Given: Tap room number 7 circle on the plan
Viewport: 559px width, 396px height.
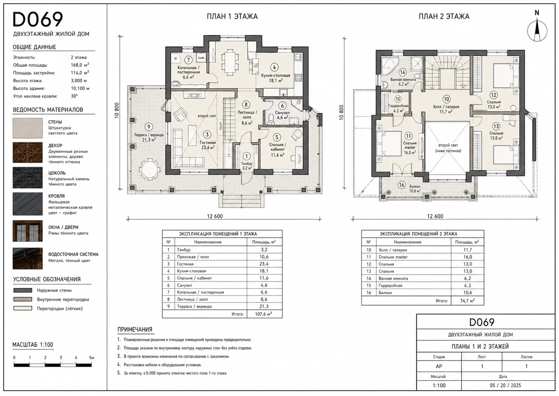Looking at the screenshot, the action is click(189, 60).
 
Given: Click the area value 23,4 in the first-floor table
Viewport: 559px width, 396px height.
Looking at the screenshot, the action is click(264, 264).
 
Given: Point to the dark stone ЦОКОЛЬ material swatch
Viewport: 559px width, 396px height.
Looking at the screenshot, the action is click(27, 178).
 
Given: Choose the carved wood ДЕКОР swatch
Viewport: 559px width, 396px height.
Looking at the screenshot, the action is click(27, 152).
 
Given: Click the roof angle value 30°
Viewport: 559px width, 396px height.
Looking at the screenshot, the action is click(74, 96).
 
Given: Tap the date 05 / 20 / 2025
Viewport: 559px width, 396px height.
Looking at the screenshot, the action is click(505, 385).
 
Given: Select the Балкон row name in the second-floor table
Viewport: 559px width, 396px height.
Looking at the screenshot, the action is click(385, 292).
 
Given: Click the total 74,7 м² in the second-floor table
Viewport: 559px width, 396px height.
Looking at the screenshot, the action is click(468, 301).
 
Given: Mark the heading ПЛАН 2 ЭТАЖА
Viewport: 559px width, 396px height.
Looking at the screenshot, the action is click(444, 17).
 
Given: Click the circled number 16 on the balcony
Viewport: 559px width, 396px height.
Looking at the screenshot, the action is click(402, 185).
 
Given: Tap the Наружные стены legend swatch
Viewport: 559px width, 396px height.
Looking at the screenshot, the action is click(23, 290).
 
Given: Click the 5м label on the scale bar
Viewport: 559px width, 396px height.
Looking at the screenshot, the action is click(91, 357).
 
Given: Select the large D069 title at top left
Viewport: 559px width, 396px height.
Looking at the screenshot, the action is click(37, 20).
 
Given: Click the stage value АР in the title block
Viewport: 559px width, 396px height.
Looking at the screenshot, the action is click(439, 366).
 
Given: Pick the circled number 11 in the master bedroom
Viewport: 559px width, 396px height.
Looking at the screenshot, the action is click(408, 136).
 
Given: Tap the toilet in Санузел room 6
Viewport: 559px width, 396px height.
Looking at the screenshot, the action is click(271, 119).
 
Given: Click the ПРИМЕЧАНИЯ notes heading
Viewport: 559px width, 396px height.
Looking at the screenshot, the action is click(135, 330).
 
